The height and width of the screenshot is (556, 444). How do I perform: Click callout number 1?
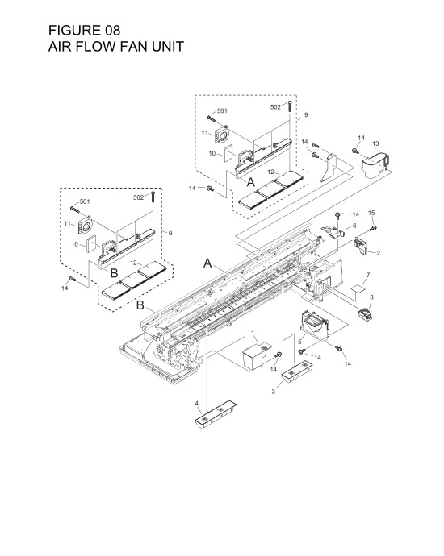point(253,332)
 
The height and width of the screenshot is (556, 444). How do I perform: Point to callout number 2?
point(379,253)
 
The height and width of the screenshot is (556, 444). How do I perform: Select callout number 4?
point(196,402)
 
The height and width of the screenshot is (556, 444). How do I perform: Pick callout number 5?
point(300,341)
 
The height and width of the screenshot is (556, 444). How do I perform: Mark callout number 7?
point(367,275)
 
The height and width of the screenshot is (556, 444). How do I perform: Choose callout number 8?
point(371,298)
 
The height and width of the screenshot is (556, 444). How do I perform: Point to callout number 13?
point(375,143)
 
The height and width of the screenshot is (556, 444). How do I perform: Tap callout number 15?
point(372,214)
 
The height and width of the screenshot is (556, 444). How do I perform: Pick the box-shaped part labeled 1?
point(258,355)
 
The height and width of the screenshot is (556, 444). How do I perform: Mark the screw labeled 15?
point(372,229)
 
